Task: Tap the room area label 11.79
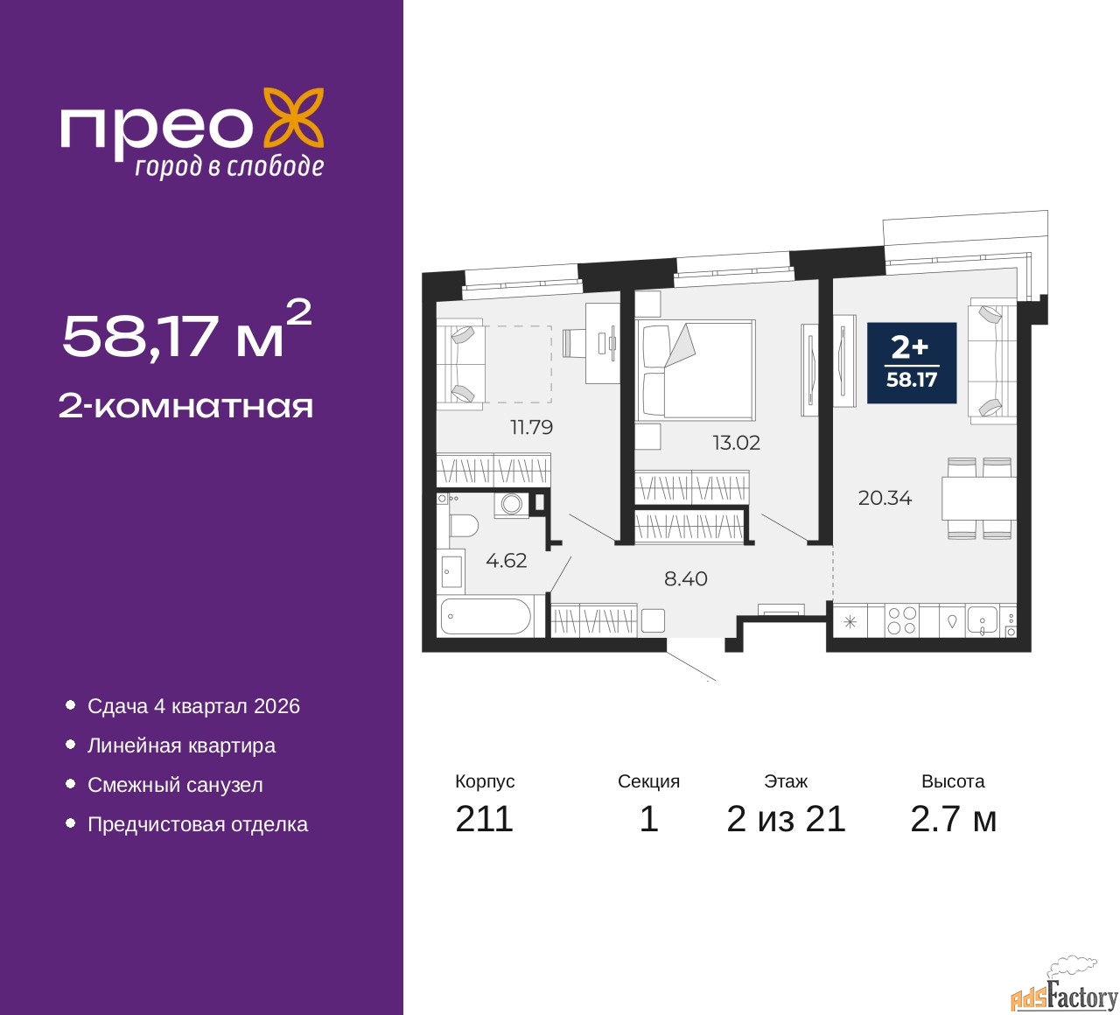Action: pyautogui.click(x=531, y=428)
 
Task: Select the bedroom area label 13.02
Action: pyautogui.click(x=737, y=443)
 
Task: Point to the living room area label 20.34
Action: pyautogui.click(x=885, y=498)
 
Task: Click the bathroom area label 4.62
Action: pyautogui.click(x=506, y=560)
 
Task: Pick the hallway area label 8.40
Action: pyautogui.click(x=686, y=578)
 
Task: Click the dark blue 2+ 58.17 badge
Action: pyautogui.click(x=911, y=363)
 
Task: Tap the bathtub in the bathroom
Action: pyautogui.click(x=486, y=616)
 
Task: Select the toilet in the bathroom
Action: pyautogui.click(x=464, y=525)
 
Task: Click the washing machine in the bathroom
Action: pyautogui.click(x=511, y=504)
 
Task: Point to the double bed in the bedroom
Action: pyautogui.click(x=695, y=369)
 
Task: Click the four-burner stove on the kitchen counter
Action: pyautogui.click(x=902, y=620)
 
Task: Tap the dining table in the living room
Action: pyautogui.click(x=979, y=498)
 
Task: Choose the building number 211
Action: pyautogui.click(x=484, y=819)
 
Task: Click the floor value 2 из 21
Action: pyautogui.click(x=786, y=819)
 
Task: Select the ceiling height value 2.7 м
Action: pyautogui.click(x=953, y=819)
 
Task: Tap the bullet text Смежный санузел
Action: pyautogui.click(x=175, y=785)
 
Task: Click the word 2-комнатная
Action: pyautogui.click(x=185, y=407)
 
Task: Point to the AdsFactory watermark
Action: pyautogui.click(x=1064, y=991)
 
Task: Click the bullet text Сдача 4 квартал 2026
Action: pyautogui.click(x=193, y=706)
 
